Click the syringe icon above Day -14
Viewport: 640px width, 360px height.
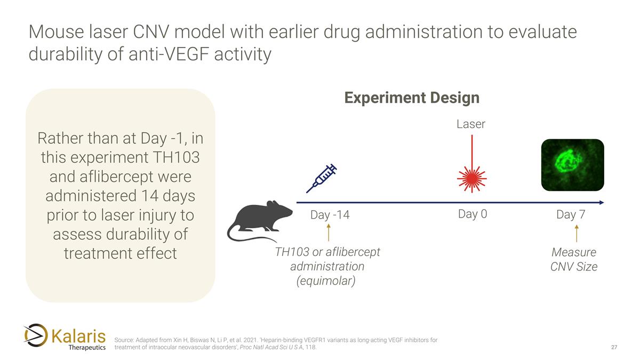(x=321, y=178)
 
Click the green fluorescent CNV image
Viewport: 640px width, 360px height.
(x=572, y=165)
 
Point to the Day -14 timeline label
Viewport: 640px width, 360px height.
(x=330, y=215)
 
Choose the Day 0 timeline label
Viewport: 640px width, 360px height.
(x=472, y=214)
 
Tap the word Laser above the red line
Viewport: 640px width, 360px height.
(x=471, y=124)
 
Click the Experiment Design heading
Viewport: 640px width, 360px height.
(x=411, y=98)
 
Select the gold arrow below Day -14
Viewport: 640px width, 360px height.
(x=329, y=233)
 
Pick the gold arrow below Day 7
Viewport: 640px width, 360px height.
(x=576, y=234)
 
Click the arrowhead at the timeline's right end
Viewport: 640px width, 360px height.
(x=601, y=203)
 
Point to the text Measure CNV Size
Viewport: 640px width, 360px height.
(x=574, y=259)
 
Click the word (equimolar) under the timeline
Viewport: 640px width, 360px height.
(x=326, y=280)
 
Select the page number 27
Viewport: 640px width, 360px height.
(x=614, y=348)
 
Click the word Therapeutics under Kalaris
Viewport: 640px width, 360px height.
(x=87, y=348)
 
